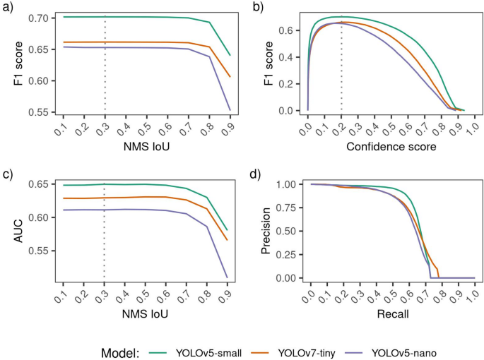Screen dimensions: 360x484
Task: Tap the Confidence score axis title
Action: [x=391, y=147]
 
